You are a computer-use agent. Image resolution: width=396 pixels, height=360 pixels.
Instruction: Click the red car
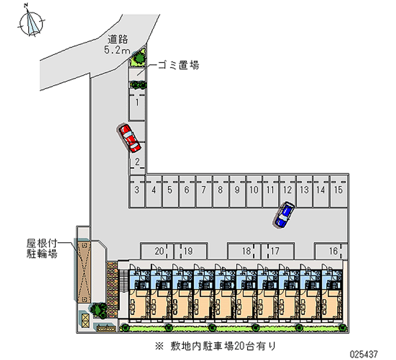coord(130,138)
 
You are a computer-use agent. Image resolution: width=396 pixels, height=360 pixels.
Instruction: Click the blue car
coord(284,214)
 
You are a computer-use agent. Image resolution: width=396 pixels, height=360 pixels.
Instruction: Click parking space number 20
coord(157,251)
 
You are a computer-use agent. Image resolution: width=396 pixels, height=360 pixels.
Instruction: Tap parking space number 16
coord(331,251)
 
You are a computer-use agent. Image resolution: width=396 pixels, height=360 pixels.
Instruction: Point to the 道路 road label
coord(118,39)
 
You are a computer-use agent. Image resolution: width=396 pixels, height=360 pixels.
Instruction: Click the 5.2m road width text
coord(117,50)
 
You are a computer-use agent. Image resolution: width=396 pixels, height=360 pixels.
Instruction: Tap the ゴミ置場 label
coord(178,65)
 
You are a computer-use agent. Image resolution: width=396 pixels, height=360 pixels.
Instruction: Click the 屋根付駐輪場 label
coord(42,249)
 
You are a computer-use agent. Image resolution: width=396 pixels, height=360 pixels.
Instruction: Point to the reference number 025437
coord(364,354)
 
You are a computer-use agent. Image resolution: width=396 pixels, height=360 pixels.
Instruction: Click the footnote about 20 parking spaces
coord(215,346)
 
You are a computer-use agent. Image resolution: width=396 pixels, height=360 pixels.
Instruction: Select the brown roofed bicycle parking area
coord(84,271)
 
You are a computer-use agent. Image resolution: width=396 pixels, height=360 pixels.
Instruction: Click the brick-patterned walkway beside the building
coord(112,290)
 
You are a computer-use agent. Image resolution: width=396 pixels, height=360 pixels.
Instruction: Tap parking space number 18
coord(244,251)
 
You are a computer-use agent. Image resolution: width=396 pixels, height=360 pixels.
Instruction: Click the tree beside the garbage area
coord(139,58)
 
